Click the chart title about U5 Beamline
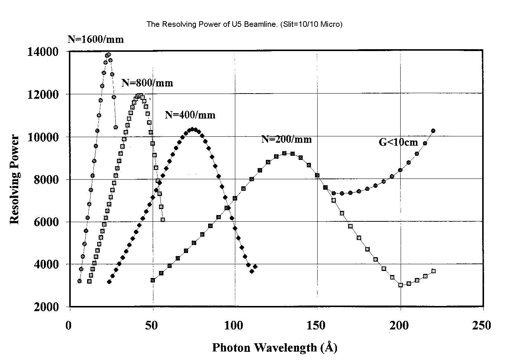[x=244, y=24]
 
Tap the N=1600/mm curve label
[x=96, y=39]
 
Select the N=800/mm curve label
[x=147, y=83]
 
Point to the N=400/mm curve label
[x=190, y=115]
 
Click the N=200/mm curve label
[x=286, y=139]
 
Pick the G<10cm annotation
[x=398, y=142]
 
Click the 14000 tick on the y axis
[x=43, y=51]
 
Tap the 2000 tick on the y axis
[x=46, y=307]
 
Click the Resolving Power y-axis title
[x=15, y=179]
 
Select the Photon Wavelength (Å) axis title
[x=274, y=348]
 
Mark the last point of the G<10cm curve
[x=433, y=131]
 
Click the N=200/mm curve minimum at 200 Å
[x=401, y=285]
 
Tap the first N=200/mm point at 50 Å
[x=153, y=280]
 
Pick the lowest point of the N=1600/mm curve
[x=79, y=281]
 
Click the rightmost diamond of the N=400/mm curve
[x=255, y=266]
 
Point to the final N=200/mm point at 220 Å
[x=433, y=271]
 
